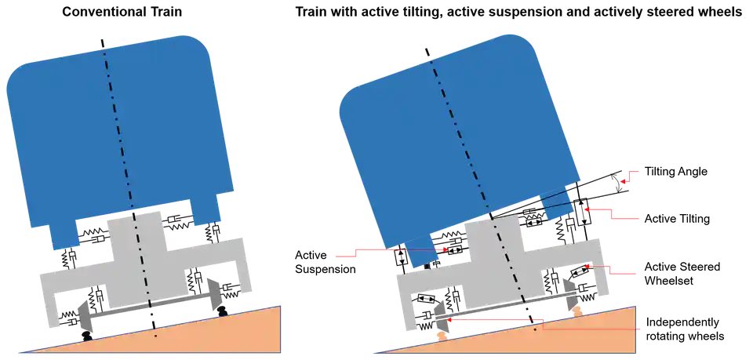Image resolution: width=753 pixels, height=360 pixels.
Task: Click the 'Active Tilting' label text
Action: coord(677,219)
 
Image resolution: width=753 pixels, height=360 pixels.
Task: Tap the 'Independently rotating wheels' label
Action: coord(684,329)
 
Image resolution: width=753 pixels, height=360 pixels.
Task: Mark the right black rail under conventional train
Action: coord(222,315)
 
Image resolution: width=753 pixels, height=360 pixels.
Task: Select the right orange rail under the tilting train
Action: coord(577,313)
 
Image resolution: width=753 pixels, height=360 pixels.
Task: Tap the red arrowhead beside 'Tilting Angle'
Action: coord(633,173)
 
